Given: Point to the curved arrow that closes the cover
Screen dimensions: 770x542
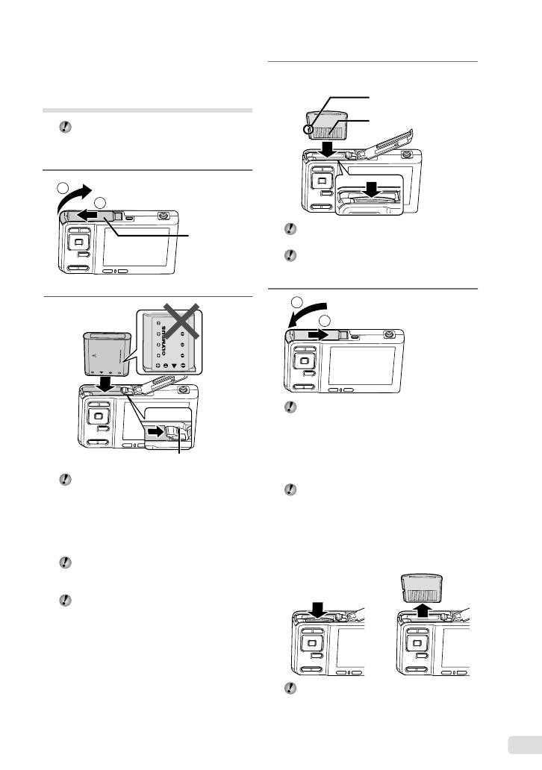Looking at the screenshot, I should (306, 319).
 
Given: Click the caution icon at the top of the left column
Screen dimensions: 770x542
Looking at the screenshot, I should (64, 128).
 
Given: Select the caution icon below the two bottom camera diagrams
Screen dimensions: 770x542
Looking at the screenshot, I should (288, 687).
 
